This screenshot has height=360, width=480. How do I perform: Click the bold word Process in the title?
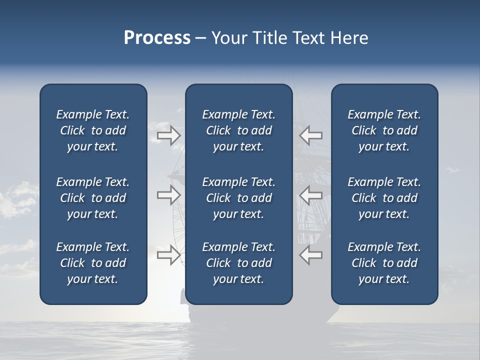tap(157, 38)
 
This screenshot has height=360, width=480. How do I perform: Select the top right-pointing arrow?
tap(169, 135)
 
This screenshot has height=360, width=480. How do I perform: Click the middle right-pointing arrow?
tap(169, 195)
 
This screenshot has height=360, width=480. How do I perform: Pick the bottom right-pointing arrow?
tap(169, 254)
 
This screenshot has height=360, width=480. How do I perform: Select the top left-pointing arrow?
tap(310, 135)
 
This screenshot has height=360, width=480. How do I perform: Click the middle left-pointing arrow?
tap(310, 195)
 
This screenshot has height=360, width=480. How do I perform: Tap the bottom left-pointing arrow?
tap(310, 254)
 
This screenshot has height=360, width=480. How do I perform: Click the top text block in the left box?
tap(93, 130)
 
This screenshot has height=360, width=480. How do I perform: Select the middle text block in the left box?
tap(93, 198)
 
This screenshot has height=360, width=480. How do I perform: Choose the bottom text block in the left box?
tap(93, 263)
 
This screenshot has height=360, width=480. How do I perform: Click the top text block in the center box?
tap(239, 130)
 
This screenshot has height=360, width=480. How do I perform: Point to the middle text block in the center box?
tap(239, 198)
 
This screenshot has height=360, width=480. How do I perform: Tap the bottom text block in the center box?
tap(239, 263)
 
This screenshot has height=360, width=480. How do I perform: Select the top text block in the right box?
tap(384, 130)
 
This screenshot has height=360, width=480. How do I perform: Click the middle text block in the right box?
tap(384, 198)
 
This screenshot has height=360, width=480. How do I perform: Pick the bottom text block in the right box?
tap(384, 263)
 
